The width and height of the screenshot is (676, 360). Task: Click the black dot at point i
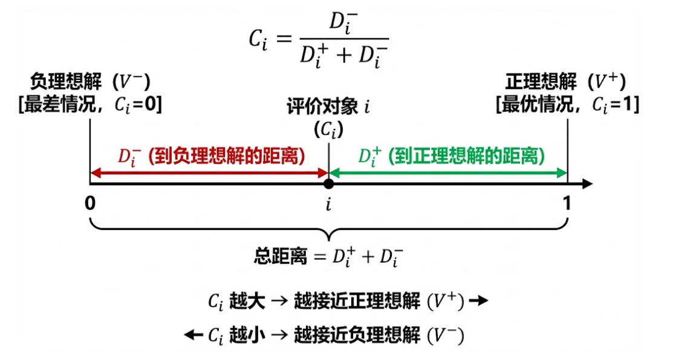(x=328, y=183)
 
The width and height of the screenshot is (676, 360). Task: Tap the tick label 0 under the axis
(x=91, y=205)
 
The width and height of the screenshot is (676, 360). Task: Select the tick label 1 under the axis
(x=567, y=205)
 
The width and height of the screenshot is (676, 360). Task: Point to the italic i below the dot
(x=328, y=205)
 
